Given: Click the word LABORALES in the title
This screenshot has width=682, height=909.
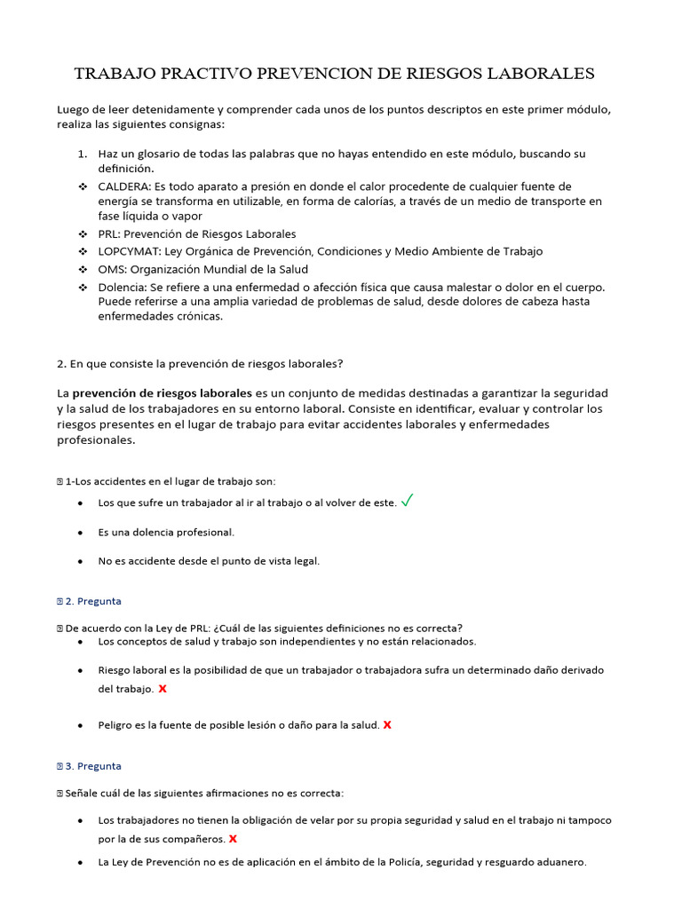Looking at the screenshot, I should [x=537, y=73].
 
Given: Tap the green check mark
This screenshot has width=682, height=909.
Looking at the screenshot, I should [x=407, y=501].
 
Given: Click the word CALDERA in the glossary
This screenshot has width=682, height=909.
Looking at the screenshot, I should [x=123, y=186].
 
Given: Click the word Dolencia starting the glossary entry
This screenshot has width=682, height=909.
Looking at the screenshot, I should [x=122, y=287].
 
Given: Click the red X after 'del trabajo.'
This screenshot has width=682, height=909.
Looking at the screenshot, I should [x=162, y=689].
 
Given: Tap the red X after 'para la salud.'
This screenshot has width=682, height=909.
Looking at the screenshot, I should [x=387, y=725].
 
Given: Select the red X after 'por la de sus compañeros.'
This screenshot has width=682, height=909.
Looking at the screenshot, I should [x=234, y=838].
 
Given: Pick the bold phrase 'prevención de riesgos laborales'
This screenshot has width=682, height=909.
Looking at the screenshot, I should [x=162, y=392].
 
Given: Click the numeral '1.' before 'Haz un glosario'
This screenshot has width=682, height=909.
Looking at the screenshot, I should [x=82, y=154].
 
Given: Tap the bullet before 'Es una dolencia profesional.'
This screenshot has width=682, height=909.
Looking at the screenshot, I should [x=81, y=533].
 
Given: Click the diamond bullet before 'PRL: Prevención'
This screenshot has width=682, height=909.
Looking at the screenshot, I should [x=82, y=234].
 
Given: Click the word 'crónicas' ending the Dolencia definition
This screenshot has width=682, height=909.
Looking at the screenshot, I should [x=198, y=316].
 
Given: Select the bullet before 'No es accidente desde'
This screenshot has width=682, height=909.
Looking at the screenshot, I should [x=81, y=561].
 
